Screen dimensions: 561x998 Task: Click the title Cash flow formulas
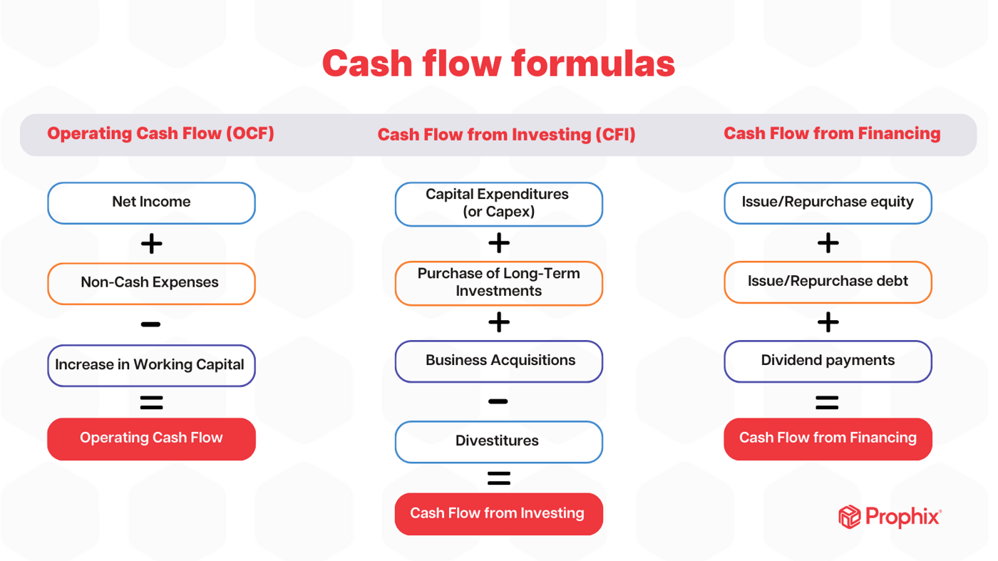tap(498, 63)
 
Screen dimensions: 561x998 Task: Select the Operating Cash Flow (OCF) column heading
tap(160, 133)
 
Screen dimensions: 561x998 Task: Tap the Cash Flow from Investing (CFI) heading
tap(506, 135)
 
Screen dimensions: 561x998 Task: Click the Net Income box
tap(151, 202)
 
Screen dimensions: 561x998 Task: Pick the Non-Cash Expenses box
tap(151, 283)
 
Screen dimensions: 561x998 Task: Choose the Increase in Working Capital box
tap(151, 365)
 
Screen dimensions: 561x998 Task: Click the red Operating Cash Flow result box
tap(151, 438)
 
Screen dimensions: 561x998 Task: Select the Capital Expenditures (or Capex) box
tap(498, 203)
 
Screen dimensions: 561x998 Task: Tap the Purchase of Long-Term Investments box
tap(498, 283)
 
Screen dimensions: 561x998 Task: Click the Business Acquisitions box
tap(498, 361)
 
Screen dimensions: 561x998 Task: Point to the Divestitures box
tap(498, 441)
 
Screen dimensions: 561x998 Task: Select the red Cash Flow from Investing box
tap(498, 513)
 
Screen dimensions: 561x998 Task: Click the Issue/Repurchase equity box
tap(828, 202)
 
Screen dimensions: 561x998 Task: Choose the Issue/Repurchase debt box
tap(828, 282)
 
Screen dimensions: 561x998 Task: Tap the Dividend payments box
tap(828, 361)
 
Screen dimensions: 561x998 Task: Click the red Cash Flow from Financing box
tap(828, 438)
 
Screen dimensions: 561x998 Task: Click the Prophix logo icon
tap(849, 517)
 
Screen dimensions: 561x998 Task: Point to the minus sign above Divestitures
tap(498, 402)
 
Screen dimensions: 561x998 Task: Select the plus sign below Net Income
tap(151, 244)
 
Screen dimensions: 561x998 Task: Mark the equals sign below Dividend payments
tap(827, 403)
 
